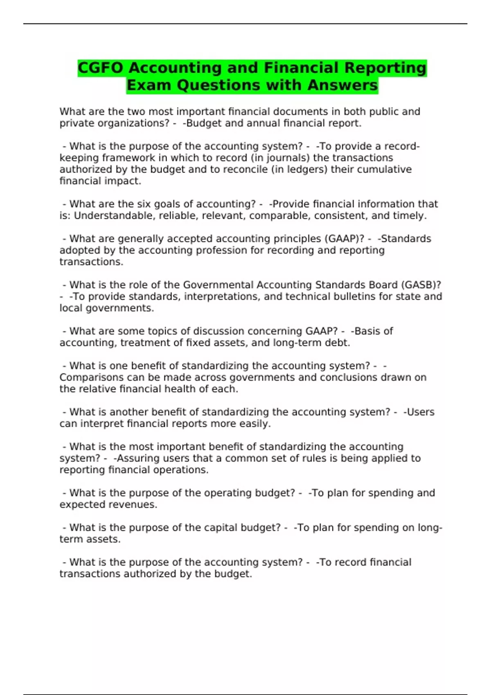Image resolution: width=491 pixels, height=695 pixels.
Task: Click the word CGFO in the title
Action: tap(100, 68)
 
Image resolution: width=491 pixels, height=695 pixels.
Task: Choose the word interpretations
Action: tap(221, 296)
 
